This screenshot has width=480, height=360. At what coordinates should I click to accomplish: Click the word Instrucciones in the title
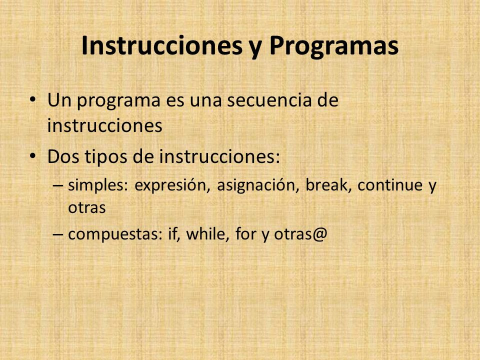pos(162,45)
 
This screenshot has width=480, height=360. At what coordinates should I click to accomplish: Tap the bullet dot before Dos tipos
pos(33,156)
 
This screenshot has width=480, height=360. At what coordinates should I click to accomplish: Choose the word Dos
pos(63,156)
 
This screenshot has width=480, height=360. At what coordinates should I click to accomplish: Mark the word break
pos(328,185)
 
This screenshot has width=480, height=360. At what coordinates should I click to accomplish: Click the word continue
pos(390,185)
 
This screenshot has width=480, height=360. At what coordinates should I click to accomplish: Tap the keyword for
pos(246,234)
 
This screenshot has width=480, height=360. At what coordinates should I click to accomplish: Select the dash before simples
pos(58,185)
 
